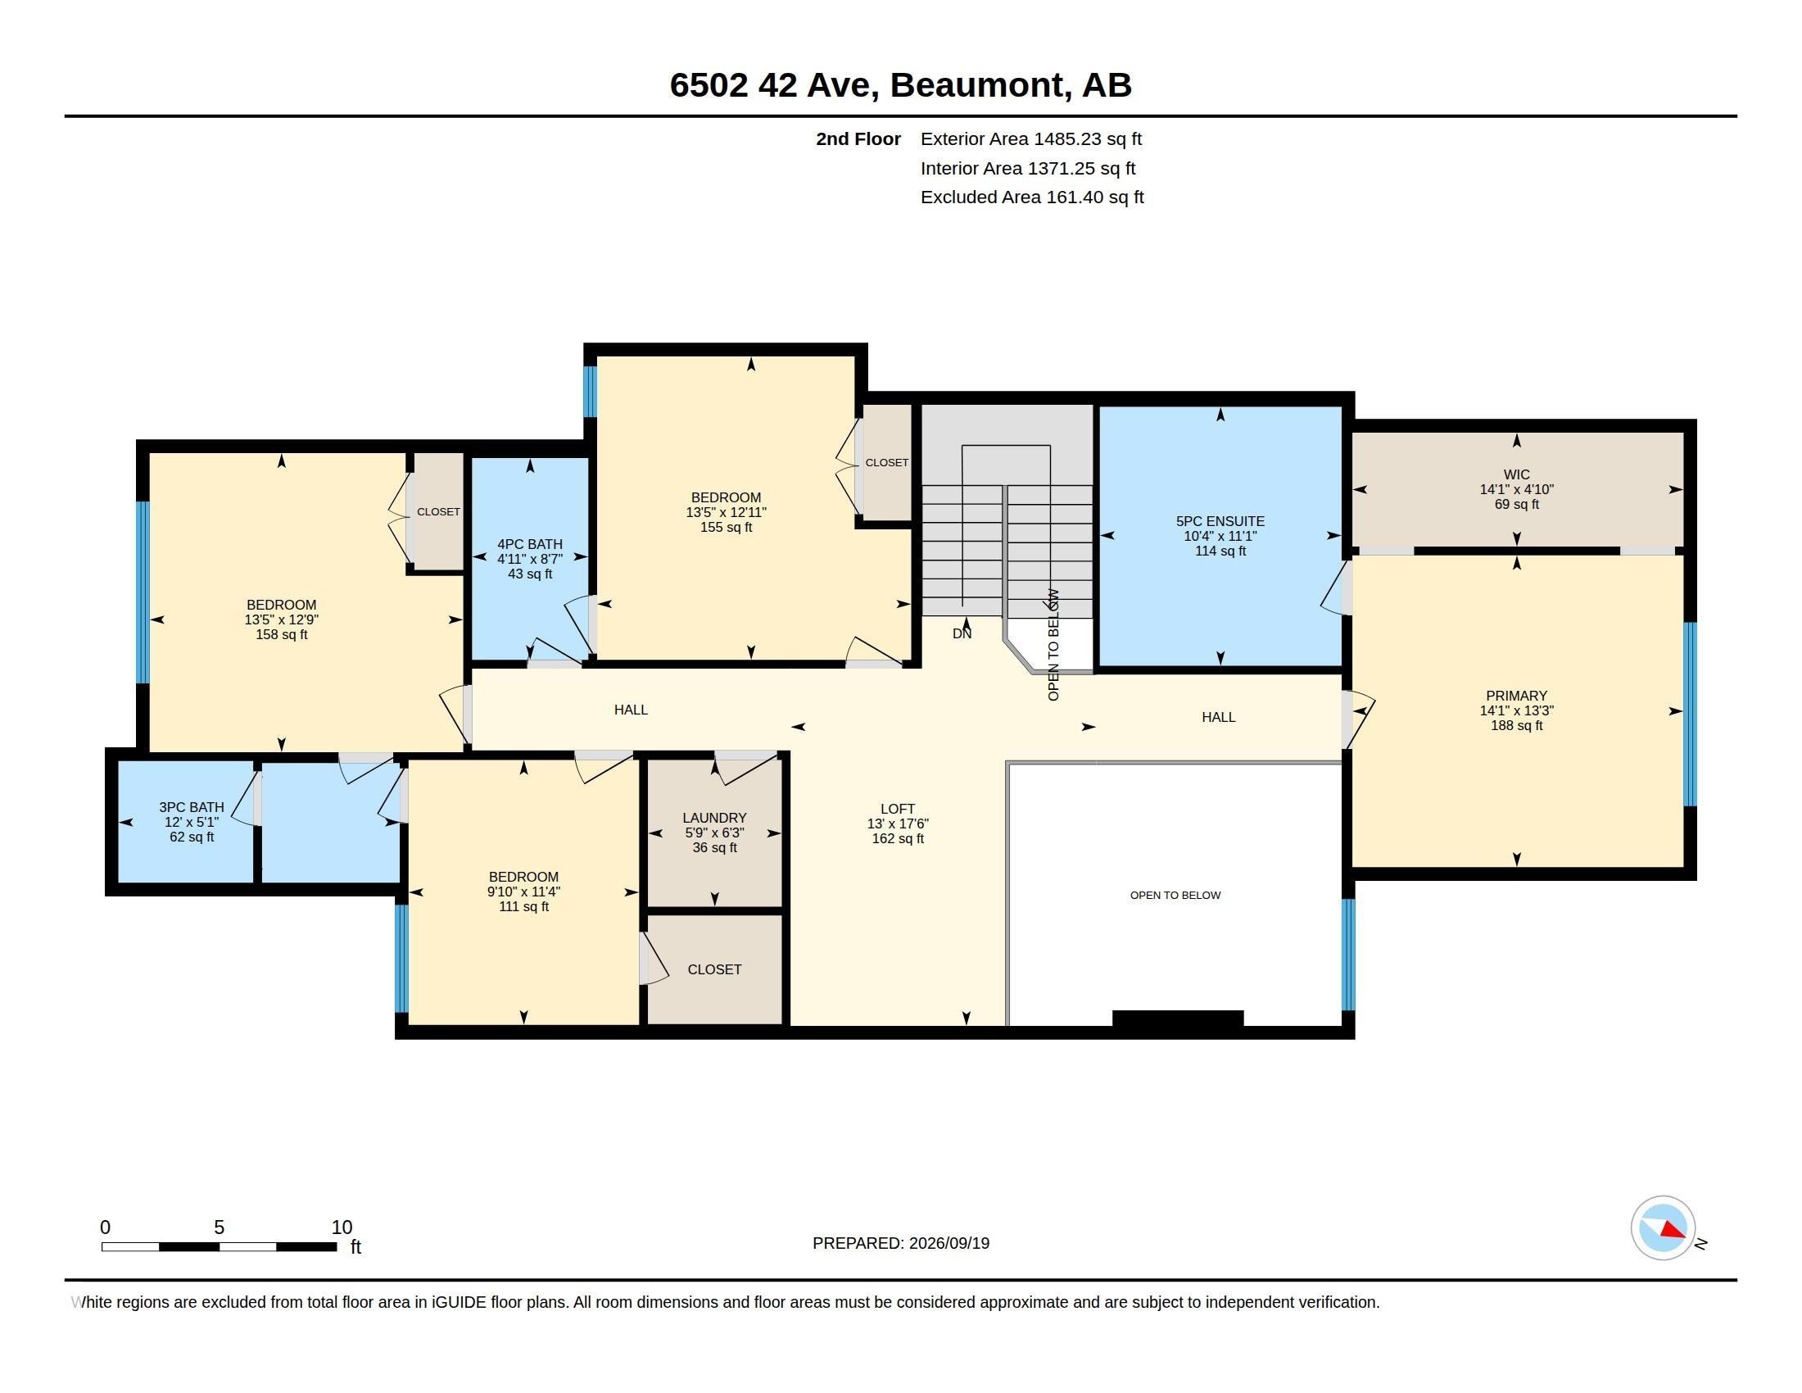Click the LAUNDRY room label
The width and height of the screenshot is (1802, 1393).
[x=714, y=818]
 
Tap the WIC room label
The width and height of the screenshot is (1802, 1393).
[x=1516, y=474]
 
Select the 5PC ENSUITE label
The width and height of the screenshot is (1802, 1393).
[x=1220, y=520]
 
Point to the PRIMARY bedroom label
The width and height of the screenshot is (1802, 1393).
[x=1516, y=696]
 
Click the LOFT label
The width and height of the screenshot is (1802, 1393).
[x=898, y=809]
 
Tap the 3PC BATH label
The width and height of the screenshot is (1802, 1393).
[x=192, y=807]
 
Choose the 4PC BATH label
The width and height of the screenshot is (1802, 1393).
[x=530, y=544]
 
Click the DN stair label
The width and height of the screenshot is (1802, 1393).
[x=962, y=633]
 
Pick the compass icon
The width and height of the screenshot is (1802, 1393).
[x=1664, y=1228]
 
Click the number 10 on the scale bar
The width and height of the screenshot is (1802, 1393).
[x=342, y=1227]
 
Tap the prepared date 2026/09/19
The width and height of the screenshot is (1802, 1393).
[x=949, y=1243]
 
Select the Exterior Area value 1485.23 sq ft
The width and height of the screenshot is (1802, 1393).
[x=1089, y=138]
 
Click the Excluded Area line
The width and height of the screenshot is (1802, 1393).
[x=1032, y=197]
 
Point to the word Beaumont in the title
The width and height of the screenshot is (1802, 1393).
[x=977, y=85]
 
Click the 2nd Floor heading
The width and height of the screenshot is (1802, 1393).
[x=858, y=138]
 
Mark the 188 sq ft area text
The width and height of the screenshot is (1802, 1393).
[x=1516, y=725]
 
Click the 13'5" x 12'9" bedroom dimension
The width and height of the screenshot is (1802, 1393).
[x=281, y=619]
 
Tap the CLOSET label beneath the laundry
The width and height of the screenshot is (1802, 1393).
[x=714, y=969]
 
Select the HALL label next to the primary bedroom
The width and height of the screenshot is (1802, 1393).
[x=1219, y=717]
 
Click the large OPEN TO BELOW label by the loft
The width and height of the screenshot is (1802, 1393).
[x=1175, y=896]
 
